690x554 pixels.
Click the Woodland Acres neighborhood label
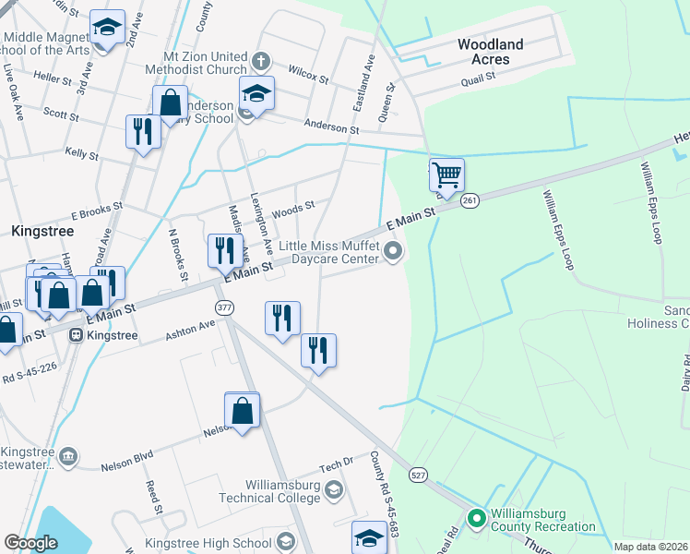pos(490,52)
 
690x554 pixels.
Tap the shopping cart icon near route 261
pos(446,174)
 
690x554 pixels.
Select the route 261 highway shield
pos(470,200)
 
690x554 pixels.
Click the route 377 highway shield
pos(224,307)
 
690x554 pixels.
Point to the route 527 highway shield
pos(419,475)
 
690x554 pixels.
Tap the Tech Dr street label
pos(337,462)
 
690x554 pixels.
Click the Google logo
pos(31,543)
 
